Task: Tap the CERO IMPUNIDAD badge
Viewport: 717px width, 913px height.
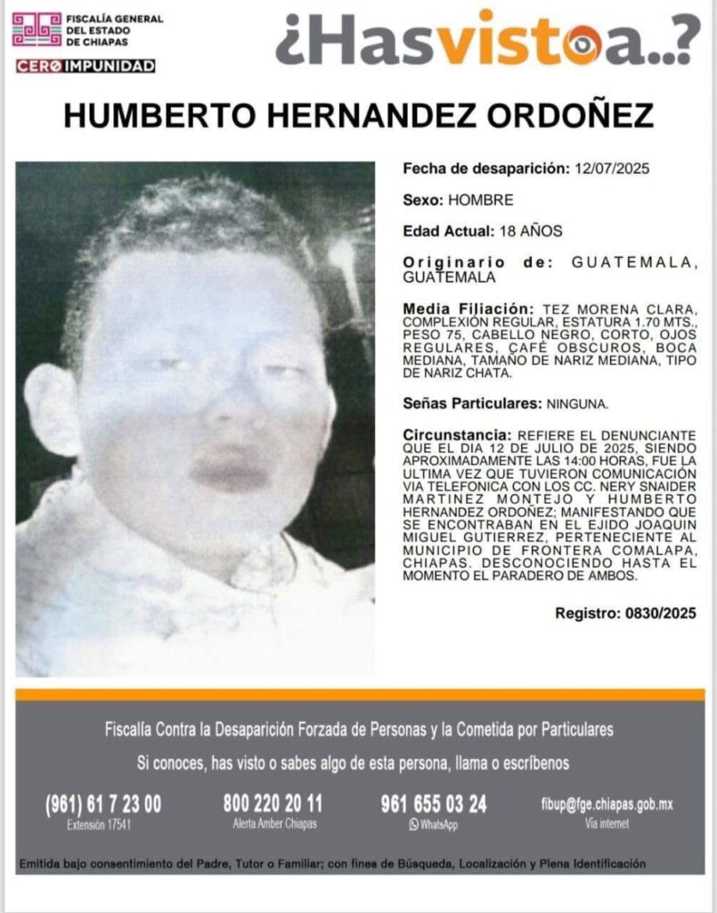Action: click(86, 66)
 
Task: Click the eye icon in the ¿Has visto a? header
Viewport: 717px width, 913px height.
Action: click(585, 39)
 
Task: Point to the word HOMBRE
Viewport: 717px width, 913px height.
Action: click(481, 200)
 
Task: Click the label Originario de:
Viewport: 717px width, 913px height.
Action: click(471, 262)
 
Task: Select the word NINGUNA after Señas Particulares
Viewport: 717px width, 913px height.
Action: click(575, 404)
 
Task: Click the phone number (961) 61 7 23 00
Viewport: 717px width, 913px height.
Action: click(102, 804)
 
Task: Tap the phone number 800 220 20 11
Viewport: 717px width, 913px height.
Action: click(273, 803)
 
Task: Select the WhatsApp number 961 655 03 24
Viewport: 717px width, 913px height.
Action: click(434, 804)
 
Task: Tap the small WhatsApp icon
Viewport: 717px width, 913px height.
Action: click(413, 825)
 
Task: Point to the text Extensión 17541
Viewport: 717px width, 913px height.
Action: click(99, 825)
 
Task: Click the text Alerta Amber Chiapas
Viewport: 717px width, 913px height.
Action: click(273, 824)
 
